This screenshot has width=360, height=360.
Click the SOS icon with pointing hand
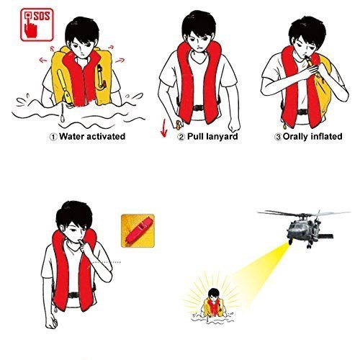37,24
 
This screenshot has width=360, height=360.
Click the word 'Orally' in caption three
296,137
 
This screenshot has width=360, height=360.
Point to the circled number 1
53,137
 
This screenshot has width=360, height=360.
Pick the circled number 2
181,137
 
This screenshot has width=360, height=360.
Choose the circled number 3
278,137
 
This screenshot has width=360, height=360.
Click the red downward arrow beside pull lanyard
164,128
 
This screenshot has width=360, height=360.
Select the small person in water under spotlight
214,304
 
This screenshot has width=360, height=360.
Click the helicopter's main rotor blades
304,213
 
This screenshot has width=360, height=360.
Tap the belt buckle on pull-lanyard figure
199,108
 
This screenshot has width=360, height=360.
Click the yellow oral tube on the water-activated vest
64,86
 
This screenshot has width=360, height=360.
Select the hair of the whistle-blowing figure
74,214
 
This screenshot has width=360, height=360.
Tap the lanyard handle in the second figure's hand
178,125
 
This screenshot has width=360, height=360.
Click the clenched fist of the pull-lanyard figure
234,125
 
